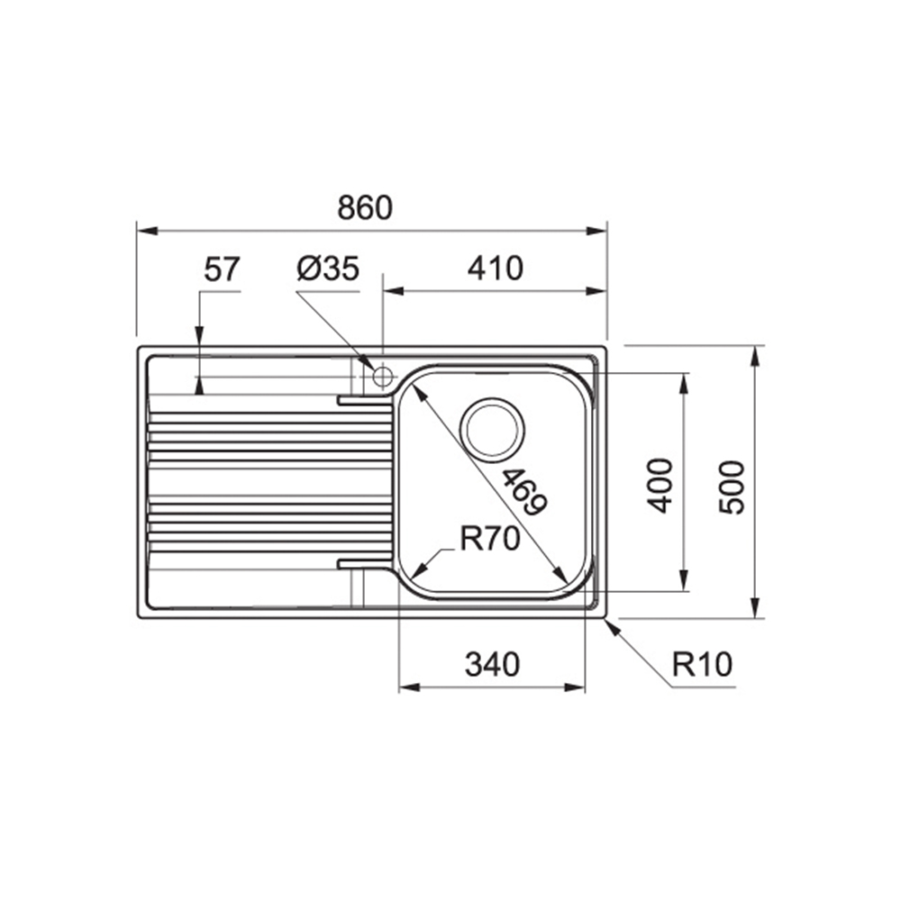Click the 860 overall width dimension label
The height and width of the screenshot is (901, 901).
pos(365,207)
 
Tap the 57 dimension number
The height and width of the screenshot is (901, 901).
pos(222,268)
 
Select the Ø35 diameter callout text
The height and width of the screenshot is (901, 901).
pos(328,268)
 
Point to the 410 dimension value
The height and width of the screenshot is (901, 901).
pos(495,268)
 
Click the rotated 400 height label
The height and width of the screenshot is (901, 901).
pos(660,486)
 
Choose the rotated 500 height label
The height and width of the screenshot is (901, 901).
pos(732,487)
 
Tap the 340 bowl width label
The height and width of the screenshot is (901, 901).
pos(492,664)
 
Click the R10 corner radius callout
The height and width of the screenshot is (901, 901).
pos(702,665)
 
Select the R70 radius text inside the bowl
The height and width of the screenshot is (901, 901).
pos(490,539)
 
